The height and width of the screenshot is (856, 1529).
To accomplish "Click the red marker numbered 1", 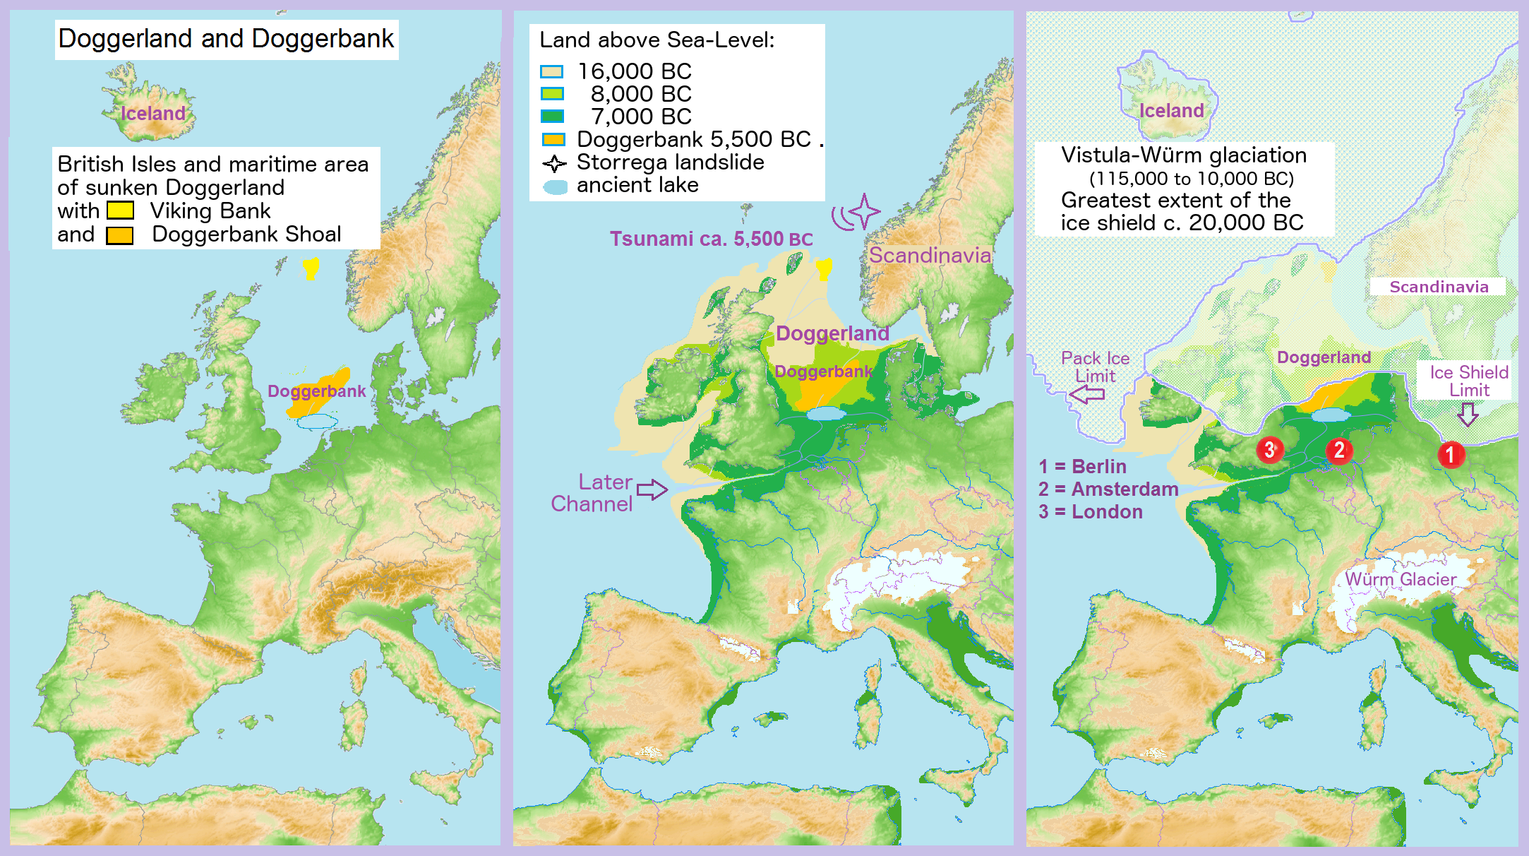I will [x=1451, y=454].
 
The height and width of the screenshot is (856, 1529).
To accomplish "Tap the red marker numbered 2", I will [x=1338, y=450].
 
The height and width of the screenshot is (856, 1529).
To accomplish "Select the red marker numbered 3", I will [x=1269, y=449].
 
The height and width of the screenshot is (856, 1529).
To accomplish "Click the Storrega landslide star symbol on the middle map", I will [x=864, y=211].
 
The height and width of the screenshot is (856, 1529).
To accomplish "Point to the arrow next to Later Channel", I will [x=652, y=489].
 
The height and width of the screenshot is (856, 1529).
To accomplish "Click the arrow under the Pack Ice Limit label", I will [x=1087, y=394].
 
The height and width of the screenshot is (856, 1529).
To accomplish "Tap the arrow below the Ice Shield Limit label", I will [x=1468, y=414].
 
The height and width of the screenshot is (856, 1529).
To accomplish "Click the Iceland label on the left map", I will [x=152, y=113].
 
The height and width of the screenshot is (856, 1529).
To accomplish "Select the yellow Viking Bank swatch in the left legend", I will [x=120, y=210].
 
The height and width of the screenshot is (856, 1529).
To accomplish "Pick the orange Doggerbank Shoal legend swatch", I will [x=120, y=235].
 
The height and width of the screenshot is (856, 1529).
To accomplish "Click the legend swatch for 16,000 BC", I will [x=551, y=71].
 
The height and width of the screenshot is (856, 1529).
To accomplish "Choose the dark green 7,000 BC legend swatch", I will [x=551, y=117].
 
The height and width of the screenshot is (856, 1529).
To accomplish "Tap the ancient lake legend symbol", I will [x=555, y=186].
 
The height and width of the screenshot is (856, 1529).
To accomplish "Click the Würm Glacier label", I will [x=1400, y=579].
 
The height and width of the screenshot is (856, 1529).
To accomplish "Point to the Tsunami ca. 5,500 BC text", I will [x=711, y=239].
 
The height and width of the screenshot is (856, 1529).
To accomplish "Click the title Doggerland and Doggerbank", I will [x=226, y=39].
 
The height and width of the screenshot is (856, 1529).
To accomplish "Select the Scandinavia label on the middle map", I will [x=929, y=255].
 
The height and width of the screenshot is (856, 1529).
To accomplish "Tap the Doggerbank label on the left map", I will [x=316, y=391].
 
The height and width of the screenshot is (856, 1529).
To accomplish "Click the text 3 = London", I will [x=1090, y=511].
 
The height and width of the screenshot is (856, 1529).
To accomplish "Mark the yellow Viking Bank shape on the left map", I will [x=311, y=268].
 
